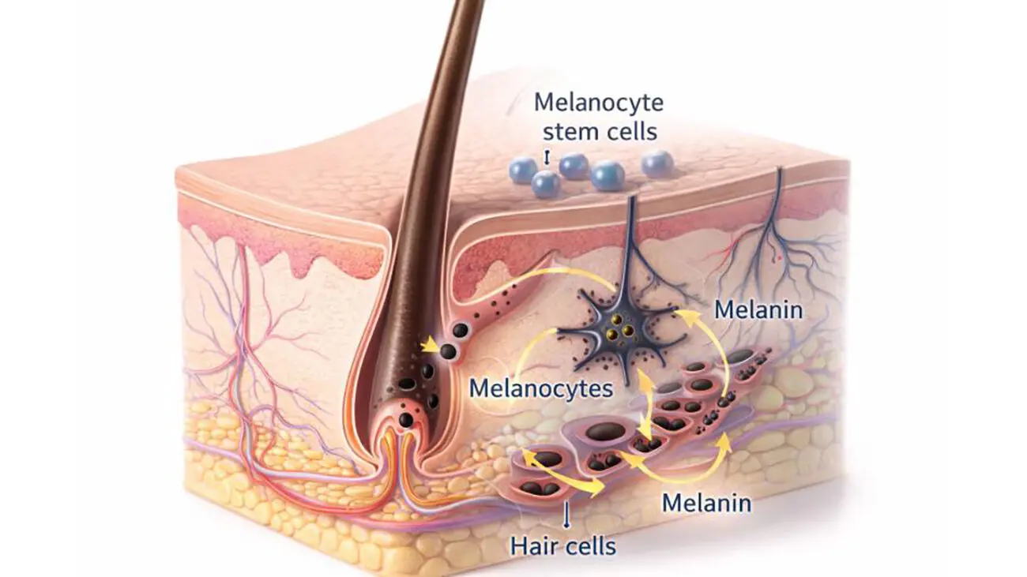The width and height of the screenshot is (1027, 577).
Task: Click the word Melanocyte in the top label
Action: coord(599,103)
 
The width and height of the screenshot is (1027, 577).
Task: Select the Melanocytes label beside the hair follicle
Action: coord(541,389)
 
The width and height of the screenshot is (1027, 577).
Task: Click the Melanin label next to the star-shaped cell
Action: coord(758,310)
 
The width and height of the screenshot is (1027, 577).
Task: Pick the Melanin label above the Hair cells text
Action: coord(706,503)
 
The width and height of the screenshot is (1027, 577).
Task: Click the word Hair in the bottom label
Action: coord(532,546)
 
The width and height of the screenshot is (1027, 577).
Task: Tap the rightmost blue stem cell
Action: coord(657,164)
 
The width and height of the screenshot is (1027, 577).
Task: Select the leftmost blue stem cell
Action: coord(523,170)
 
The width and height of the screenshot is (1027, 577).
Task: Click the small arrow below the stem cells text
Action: coord(546,157)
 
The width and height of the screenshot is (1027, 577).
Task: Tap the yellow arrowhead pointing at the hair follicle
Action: coord(430,347)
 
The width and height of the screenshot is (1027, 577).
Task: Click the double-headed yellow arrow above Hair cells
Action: coord(565,475)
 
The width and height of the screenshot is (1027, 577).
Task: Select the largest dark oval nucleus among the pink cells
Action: coord(606,432)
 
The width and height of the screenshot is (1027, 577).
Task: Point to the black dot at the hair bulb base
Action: coord(405,419)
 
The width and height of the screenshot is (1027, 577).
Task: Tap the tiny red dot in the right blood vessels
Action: coord(779,258)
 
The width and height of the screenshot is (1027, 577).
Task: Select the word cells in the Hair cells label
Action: coord(588,546)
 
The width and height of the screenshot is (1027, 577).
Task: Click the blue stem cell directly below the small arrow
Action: coord(546,184)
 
